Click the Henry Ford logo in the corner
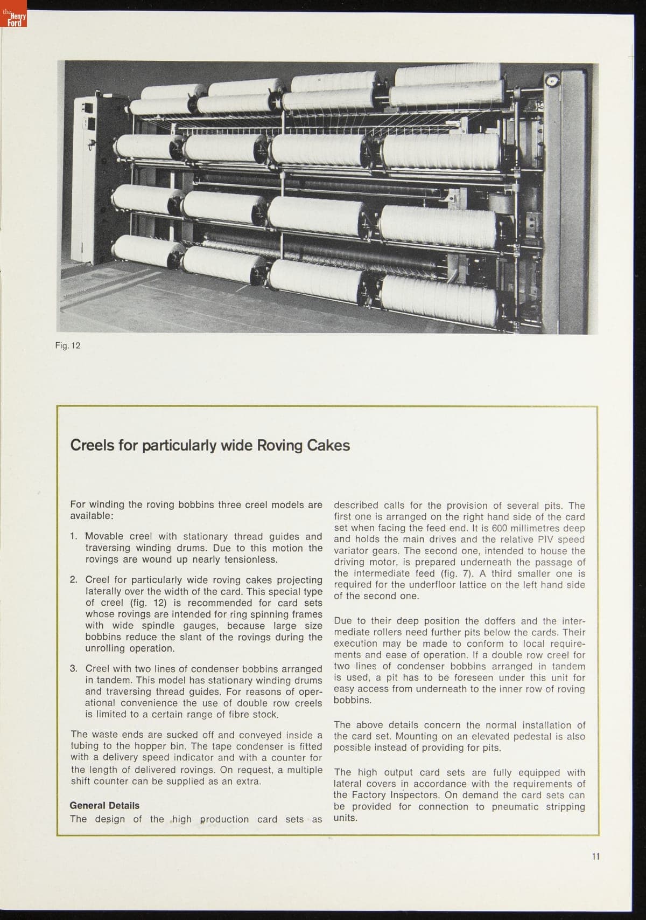[x=13, y=21]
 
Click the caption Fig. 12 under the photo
[x=67, y=345]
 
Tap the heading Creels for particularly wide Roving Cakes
[x=210, y=445]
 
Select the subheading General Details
[x=104, y=805]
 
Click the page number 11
[x=595, y=856]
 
